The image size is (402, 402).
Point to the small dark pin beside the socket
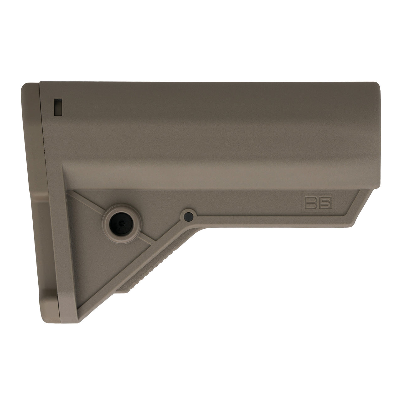click(188, 216)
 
